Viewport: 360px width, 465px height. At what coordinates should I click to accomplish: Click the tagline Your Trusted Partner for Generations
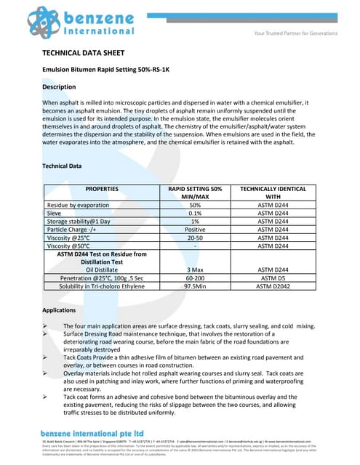click(295, 33)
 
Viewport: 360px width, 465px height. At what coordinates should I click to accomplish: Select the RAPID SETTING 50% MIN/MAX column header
click(195, 193)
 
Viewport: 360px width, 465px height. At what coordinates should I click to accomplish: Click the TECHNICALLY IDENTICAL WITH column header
click(273, 193)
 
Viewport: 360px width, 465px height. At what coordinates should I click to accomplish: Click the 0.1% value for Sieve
click(195, 215)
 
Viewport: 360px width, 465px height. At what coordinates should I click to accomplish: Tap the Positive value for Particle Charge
click(195, 232)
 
